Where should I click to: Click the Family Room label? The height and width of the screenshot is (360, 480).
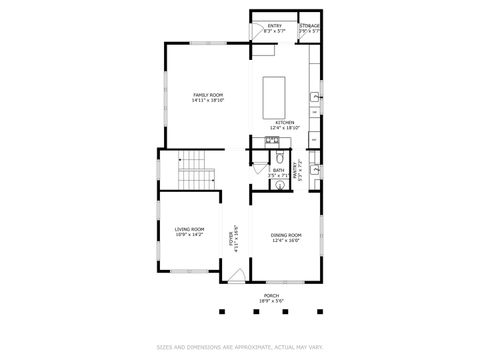coord(208,94)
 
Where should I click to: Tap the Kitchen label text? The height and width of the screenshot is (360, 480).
coord(285,123)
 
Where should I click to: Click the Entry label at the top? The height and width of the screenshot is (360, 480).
coord(274,25)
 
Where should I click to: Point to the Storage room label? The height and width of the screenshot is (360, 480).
coord(310,25)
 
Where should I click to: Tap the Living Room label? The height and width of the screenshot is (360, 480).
coord(189,229)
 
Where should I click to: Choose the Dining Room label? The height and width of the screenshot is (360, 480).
coord(286,235)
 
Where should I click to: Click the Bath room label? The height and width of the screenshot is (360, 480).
coord(279,170)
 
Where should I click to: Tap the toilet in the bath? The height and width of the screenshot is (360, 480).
coord(281,158)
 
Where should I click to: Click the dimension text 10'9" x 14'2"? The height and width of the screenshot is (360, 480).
coord(189,235)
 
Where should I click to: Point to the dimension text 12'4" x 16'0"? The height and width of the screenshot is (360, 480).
coord(286,241)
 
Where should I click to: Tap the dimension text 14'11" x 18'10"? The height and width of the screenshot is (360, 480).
coord(208,100)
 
